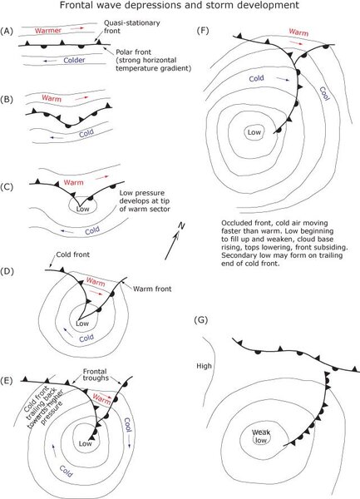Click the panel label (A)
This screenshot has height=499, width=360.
(7, 32)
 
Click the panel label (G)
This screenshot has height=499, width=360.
(200, 320)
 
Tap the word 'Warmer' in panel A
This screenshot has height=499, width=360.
(48, 31)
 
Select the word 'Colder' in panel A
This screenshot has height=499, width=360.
(74, 60)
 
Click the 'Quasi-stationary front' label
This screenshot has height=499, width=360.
(132, 27)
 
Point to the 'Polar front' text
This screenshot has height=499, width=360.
(133, 52)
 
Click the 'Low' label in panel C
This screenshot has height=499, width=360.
(82, 209)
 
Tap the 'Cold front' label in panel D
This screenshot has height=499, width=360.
(73, 254)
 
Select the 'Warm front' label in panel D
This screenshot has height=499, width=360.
(152, 289)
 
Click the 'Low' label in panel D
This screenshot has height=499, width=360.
(82, 324)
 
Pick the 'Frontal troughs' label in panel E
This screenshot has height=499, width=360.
(96, 374)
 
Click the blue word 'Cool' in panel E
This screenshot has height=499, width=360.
(127, 424)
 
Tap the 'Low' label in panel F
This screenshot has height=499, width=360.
(254, 132)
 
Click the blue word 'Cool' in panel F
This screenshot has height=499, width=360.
(323, 94)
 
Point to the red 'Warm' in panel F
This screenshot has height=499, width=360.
(298, 32)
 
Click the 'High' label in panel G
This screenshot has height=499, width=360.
(204, 366)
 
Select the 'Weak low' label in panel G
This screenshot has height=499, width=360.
(261, 437)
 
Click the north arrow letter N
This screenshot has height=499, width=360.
(181, 226)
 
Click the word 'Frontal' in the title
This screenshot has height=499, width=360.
(75, 5)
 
